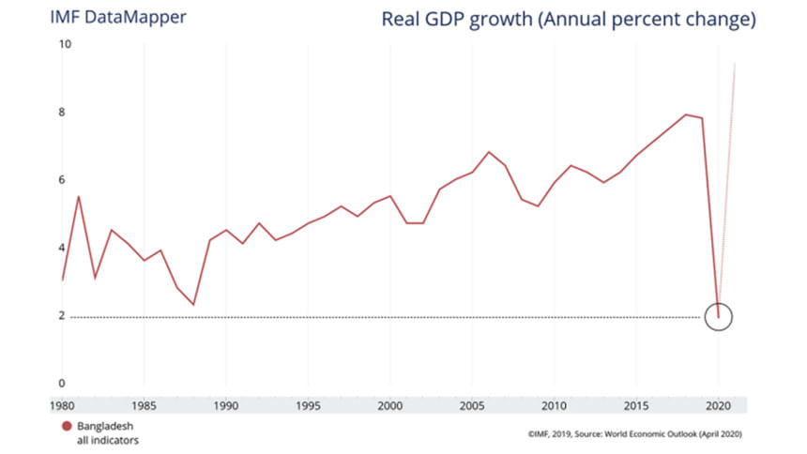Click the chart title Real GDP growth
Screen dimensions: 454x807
point(569,20)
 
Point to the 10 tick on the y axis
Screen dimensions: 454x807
point(64,44)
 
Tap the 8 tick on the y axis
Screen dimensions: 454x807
point(64,113)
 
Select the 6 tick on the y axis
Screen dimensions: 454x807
point(64,180)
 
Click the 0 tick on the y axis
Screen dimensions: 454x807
point(64,384)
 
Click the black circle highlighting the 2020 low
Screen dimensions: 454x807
point(718,316)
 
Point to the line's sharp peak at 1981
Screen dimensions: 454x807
point(79,196)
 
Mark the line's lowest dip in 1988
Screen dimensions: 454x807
point(193,305)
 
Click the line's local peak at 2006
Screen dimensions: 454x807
point(489,152)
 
